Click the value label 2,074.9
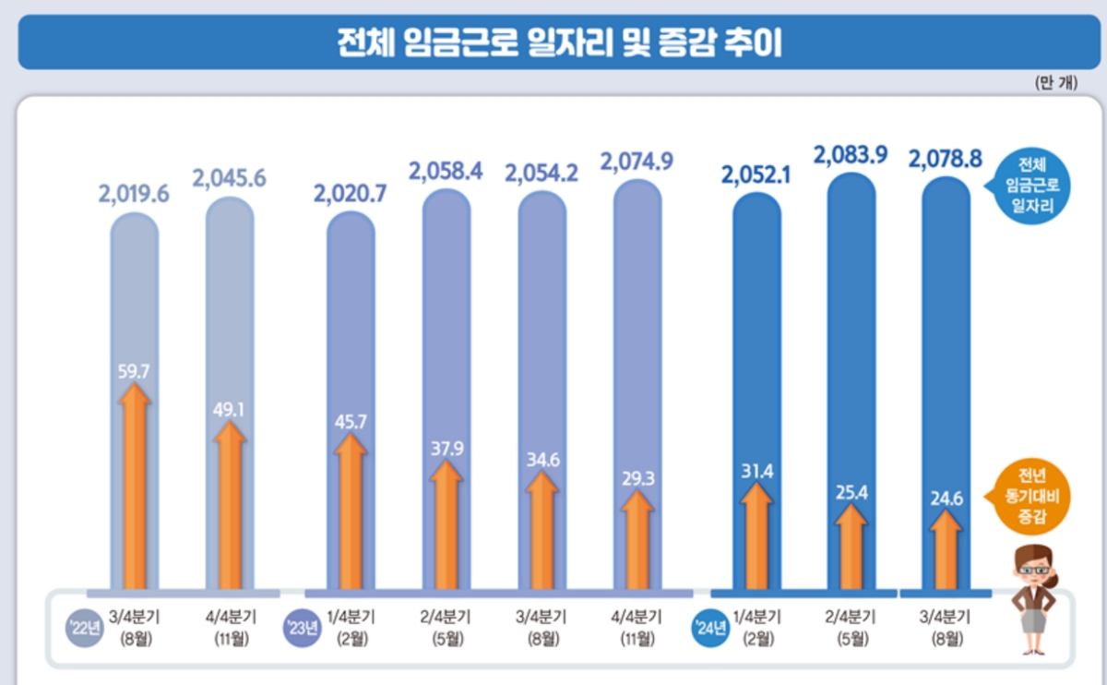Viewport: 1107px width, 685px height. tap(637, 163)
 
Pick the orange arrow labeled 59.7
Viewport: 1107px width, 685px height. tap(135, 489)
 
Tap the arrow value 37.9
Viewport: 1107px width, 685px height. tap(446, 450)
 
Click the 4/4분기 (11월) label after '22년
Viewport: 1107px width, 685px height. tap(230, 629)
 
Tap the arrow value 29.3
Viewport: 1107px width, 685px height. tap(637, 479)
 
